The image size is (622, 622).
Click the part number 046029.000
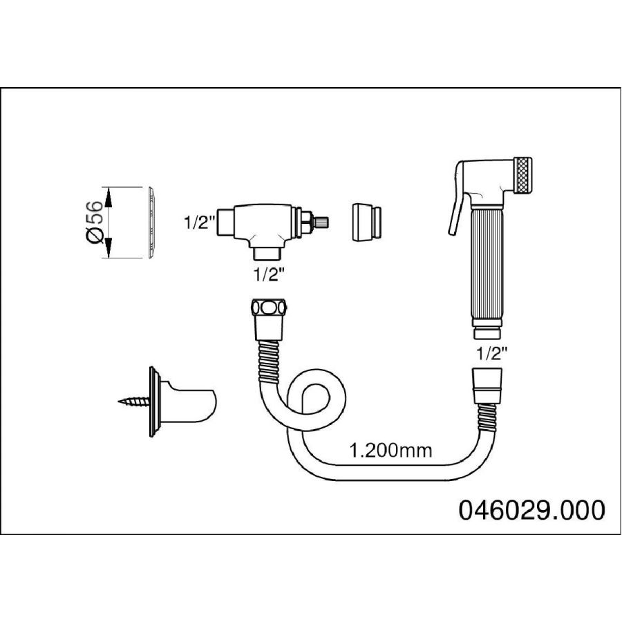pyautogui.click(x=531, y=510)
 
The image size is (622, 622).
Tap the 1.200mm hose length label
pyautogui.click(x=390, y=451)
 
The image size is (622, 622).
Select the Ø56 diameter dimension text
pyautogui.click(x=95, y=222)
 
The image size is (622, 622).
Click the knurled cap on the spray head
pyautogui.click(x=523, y=176)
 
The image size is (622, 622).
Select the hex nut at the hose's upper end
pyautogui.click(x=269, y=308)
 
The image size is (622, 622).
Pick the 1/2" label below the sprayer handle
pyautogui.click(x=492, y=353)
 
